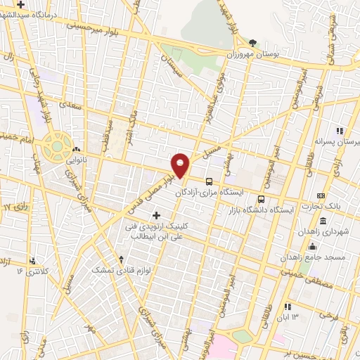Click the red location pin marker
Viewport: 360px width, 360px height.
click(181, 165)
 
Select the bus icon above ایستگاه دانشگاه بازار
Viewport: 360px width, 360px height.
click(262, 199)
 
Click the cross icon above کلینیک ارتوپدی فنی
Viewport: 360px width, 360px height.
click(156, 214)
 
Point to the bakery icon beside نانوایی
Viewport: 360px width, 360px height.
click(76, 149)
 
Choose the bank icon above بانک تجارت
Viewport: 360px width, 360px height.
click(321, 195)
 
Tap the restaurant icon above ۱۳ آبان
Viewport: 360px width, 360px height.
click(288, 307)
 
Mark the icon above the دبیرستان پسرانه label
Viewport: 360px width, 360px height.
click(340, 131)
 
